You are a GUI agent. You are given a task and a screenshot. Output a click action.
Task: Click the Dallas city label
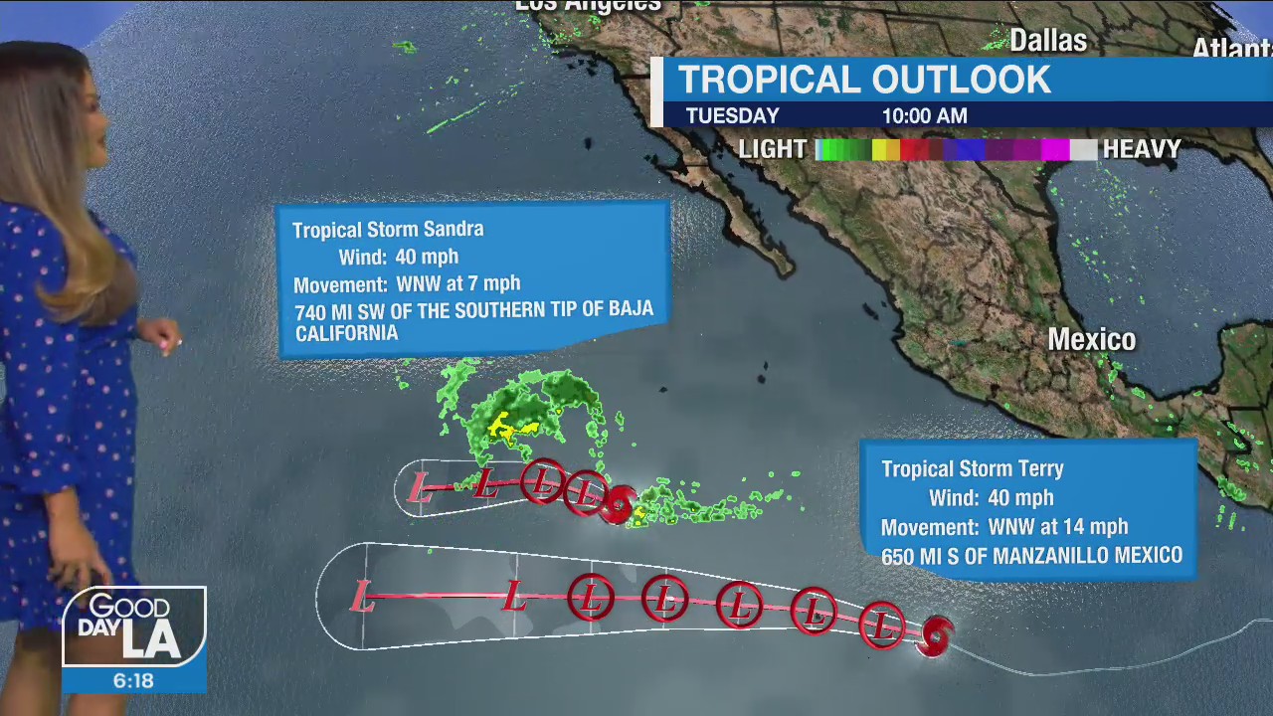click(1048, 41)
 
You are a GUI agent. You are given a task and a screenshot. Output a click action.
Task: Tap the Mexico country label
click(1091, 340)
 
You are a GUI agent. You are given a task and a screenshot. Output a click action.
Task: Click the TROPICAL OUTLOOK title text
click(863, 80)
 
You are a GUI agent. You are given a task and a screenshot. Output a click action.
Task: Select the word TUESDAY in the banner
click(732, 115)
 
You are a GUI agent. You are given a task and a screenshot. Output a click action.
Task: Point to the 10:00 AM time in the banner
click(924, 115)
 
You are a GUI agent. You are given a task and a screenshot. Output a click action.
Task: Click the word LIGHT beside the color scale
click(773, 149)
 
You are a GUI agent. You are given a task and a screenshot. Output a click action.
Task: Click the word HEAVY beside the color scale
click(1142, 149)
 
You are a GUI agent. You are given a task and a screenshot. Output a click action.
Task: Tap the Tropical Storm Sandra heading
click(388, 230)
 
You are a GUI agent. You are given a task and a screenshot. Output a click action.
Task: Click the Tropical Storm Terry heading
click(972, 469)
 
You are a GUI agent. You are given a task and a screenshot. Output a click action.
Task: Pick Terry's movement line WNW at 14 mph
click(1004, 527)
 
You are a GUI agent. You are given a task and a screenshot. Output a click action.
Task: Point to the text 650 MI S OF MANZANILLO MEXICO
click(1031, 556)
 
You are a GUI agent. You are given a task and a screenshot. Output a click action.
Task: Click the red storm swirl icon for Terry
click(936, 635)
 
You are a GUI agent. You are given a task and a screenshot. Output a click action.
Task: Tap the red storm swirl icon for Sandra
click(619, 503)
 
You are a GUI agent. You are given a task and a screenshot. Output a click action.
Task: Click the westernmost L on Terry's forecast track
click(362, 598)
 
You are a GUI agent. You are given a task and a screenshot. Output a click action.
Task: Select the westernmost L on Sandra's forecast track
click(421, 488)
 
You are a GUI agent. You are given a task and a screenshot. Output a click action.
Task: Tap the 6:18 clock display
click(133, 681)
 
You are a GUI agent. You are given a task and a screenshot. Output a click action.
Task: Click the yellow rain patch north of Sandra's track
click(507, 428)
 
